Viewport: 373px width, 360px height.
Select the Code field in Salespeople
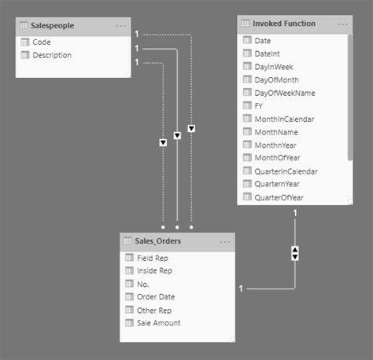coord(42,42)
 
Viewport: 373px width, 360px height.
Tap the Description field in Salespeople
coord(52,55)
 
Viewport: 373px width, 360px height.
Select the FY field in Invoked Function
coord(259,105)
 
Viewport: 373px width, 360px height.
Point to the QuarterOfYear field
coord(279,197)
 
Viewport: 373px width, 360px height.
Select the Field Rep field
coord(152,257)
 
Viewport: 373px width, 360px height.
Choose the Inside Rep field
coord(154,270)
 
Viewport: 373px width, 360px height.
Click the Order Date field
coord(156,296)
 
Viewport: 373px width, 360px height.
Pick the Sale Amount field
coord(158,322)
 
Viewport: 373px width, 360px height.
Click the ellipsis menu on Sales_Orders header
coord(225,241)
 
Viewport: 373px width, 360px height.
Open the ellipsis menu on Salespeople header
coord(120,26)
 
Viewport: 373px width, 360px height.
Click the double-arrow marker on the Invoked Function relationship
coord(295,253)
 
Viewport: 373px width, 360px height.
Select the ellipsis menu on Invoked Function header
coord(343,24)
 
